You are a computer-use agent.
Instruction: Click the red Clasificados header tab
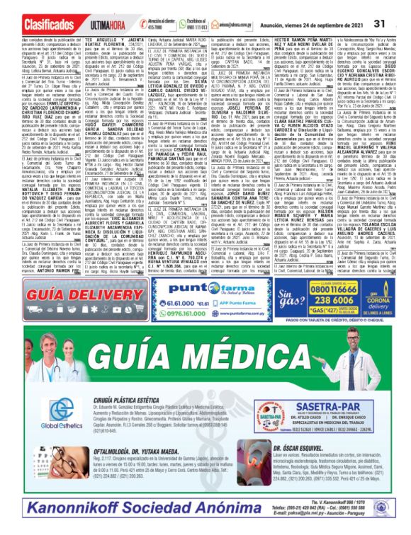[x=34, y=23]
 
